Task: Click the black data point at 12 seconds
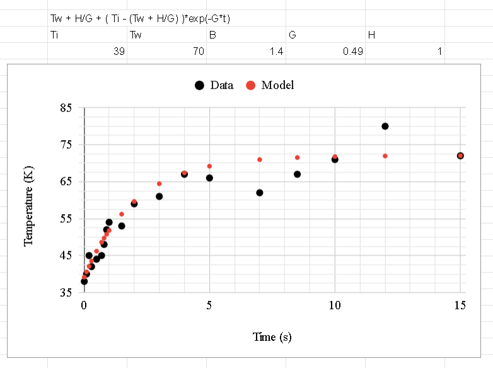click(x=385, y=126)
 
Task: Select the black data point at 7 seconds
click(x=260, y=193)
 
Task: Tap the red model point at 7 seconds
click(x=260, y=160)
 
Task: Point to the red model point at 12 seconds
click(x=385, y=156)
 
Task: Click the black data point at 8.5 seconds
click(x=298, y=174)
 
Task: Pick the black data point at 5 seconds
click(x=209, y=178)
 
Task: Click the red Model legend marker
click(x=250, y=85)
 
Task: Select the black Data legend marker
click(x=200, y=85)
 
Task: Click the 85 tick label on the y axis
click(x=66, y=108)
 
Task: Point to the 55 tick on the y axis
click(x=66, y=219)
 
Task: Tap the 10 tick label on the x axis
click(x=335, y=306)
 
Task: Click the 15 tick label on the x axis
click(x=460, y=306)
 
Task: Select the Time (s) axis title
click(x=272, y=337)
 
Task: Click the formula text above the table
click(x=140, y=19)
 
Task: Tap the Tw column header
click(x=136, y=35)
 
